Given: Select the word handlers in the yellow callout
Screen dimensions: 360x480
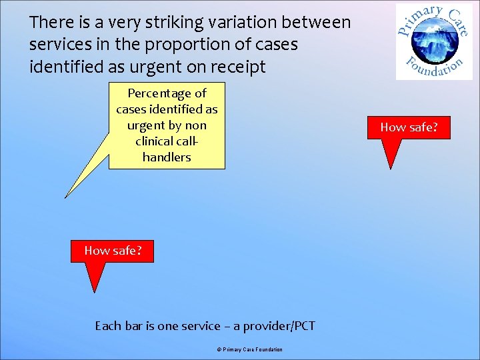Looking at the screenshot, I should coord(167,157).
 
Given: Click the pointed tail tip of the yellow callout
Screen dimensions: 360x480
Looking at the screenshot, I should coord(65,197).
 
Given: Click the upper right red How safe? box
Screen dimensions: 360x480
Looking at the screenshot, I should coord(409,127).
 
